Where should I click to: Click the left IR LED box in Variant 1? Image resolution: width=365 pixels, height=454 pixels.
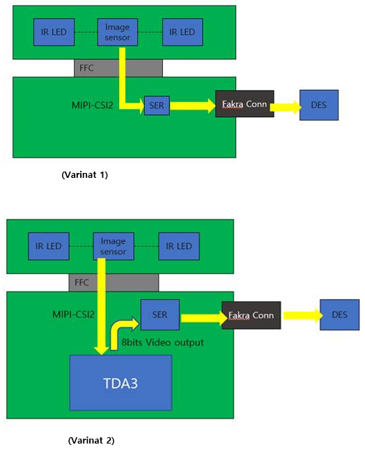pos(54,32)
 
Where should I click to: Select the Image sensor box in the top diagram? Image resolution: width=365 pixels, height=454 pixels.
pos(117,32)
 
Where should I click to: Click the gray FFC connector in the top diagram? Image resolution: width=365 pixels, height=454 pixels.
pos(118,68)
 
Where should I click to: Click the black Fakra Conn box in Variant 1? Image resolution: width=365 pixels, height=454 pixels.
pos(244,105)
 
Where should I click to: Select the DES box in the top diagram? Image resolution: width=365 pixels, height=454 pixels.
pos(320,105)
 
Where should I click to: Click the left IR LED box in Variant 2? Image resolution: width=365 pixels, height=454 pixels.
pos(49,246)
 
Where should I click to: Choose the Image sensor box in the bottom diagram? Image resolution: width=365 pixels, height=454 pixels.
pos(113,246)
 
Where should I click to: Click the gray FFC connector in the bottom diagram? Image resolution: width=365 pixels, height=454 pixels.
pos(114,282)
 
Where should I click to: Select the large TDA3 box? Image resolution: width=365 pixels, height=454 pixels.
pos(120,382)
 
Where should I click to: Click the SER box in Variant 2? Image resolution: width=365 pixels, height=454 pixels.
pos(160,315)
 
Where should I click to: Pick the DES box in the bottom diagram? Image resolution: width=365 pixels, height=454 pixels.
pos(339,315)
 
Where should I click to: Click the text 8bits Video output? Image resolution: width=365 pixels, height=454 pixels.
pos(162,342)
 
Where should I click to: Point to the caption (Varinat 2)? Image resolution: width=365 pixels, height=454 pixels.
pos(91,441)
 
